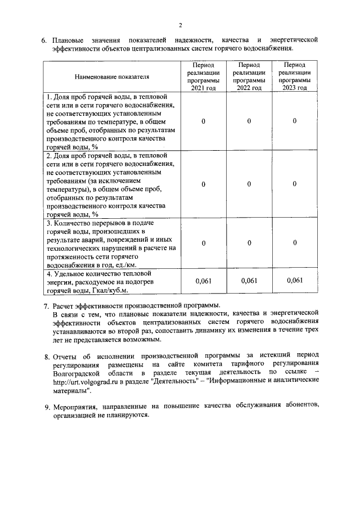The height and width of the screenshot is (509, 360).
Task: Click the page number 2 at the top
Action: point(181,25)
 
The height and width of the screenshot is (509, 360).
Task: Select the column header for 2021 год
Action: point(202,76)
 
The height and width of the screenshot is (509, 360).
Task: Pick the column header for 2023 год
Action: point(295,76)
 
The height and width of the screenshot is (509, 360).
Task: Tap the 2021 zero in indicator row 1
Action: point(202,121)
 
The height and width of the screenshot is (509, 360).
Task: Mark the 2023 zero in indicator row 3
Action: point(295,243)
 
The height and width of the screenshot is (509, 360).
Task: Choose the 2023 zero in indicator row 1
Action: point(295,121)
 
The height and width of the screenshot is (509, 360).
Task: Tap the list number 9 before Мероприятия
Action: point(47,407)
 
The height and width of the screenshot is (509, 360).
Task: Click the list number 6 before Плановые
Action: point(44,41)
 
